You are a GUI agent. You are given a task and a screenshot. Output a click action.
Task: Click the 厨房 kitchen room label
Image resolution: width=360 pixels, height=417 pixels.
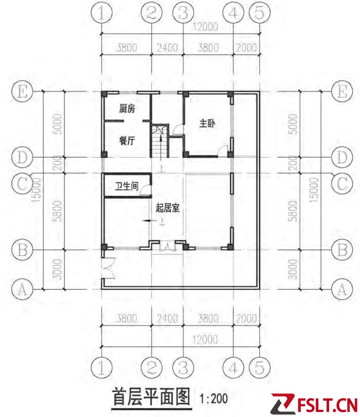[x=127, y=108]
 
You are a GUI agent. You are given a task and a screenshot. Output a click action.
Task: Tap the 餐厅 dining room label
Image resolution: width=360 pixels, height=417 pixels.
[x=127, y=140]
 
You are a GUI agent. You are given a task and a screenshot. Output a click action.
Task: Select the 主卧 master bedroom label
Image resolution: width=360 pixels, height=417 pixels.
[x=207, y=124]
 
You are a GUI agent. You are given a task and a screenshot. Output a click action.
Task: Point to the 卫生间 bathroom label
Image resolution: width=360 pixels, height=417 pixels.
[x=127, y=186]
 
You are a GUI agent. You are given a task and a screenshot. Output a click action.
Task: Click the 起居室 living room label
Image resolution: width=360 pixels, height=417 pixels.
[x=168, y=208]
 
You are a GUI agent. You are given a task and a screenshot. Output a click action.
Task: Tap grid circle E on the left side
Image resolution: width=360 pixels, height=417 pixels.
[x=22, y=92]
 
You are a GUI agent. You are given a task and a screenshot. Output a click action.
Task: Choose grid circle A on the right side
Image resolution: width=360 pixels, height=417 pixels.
[x=342, y=289]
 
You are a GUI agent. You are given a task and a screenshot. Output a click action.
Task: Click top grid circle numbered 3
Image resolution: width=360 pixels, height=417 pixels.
[x=183, y=12]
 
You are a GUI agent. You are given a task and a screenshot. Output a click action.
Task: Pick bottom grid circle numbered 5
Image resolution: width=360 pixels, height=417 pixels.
[x=260, y=368]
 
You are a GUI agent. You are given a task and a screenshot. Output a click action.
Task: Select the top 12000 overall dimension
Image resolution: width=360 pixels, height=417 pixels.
[x=205, y=26]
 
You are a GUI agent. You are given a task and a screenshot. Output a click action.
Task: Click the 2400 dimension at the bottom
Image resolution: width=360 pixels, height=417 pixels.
[x=167, y=318]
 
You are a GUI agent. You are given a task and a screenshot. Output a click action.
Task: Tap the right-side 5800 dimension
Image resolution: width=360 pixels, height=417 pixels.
[x=293, y=211]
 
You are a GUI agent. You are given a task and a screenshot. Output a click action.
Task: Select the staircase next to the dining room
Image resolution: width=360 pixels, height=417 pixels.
[x=160, y=141]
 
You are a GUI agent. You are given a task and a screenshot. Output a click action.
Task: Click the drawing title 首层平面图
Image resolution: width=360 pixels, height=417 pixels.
[x=151, y=397]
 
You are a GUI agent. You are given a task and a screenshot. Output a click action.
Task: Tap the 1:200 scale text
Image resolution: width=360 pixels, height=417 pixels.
[x=213, y=398]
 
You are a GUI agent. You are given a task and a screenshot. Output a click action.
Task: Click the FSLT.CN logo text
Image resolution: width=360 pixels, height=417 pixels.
[x=327, y=405]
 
